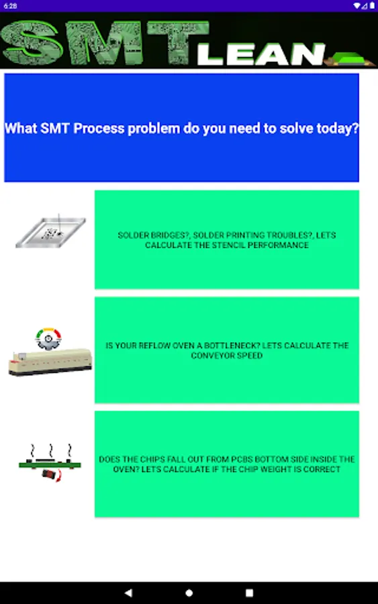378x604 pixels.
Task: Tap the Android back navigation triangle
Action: (x=129, y=593)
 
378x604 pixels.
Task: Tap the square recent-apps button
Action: (x=249, y=593)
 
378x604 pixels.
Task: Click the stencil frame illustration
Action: (x=50, y=232)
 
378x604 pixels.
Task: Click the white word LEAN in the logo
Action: (x=261, y=54)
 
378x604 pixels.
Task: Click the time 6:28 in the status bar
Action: (x=10, y=6)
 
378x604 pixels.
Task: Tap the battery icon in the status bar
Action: (x=372, y=6)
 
